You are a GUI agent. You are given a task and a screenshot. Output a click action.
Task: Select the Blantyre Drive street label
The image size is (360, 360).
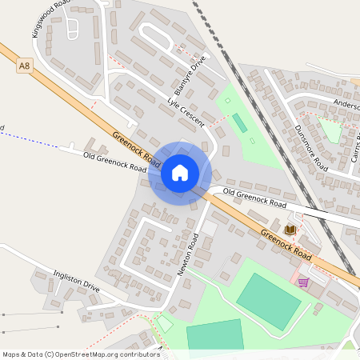point(189,74)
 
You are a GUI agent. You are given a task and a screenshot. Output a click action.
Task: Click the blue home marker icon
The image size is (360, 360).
point(180,173)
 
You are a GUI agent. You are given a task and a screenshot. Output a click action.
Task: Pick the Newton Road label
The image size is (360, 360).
point(187,254)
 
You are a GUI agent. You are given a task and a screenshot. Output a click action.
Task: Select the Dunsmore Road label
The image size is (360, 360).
point(310,147)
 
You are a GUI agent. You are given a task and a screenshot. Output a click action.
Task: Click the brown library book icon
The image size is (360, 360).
point(290,230)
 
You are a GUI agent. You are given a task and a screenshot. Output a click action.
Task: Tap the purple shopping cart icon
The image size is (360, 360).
point(303,282)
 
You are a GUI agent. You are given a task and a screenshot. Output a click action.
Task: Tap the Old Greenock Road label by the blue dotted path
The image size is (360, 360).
point(114,162)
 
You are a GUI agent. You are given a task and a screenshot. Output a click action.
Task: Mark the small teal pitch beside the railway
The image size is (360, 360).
point(239,123)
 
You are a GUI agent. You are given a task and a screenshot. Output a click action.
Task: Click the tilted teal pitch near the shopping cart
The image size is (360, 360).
point(269,301)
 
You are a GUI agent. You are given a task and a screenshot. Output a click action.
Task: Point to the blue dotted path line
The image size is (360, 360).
point(32,138)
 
